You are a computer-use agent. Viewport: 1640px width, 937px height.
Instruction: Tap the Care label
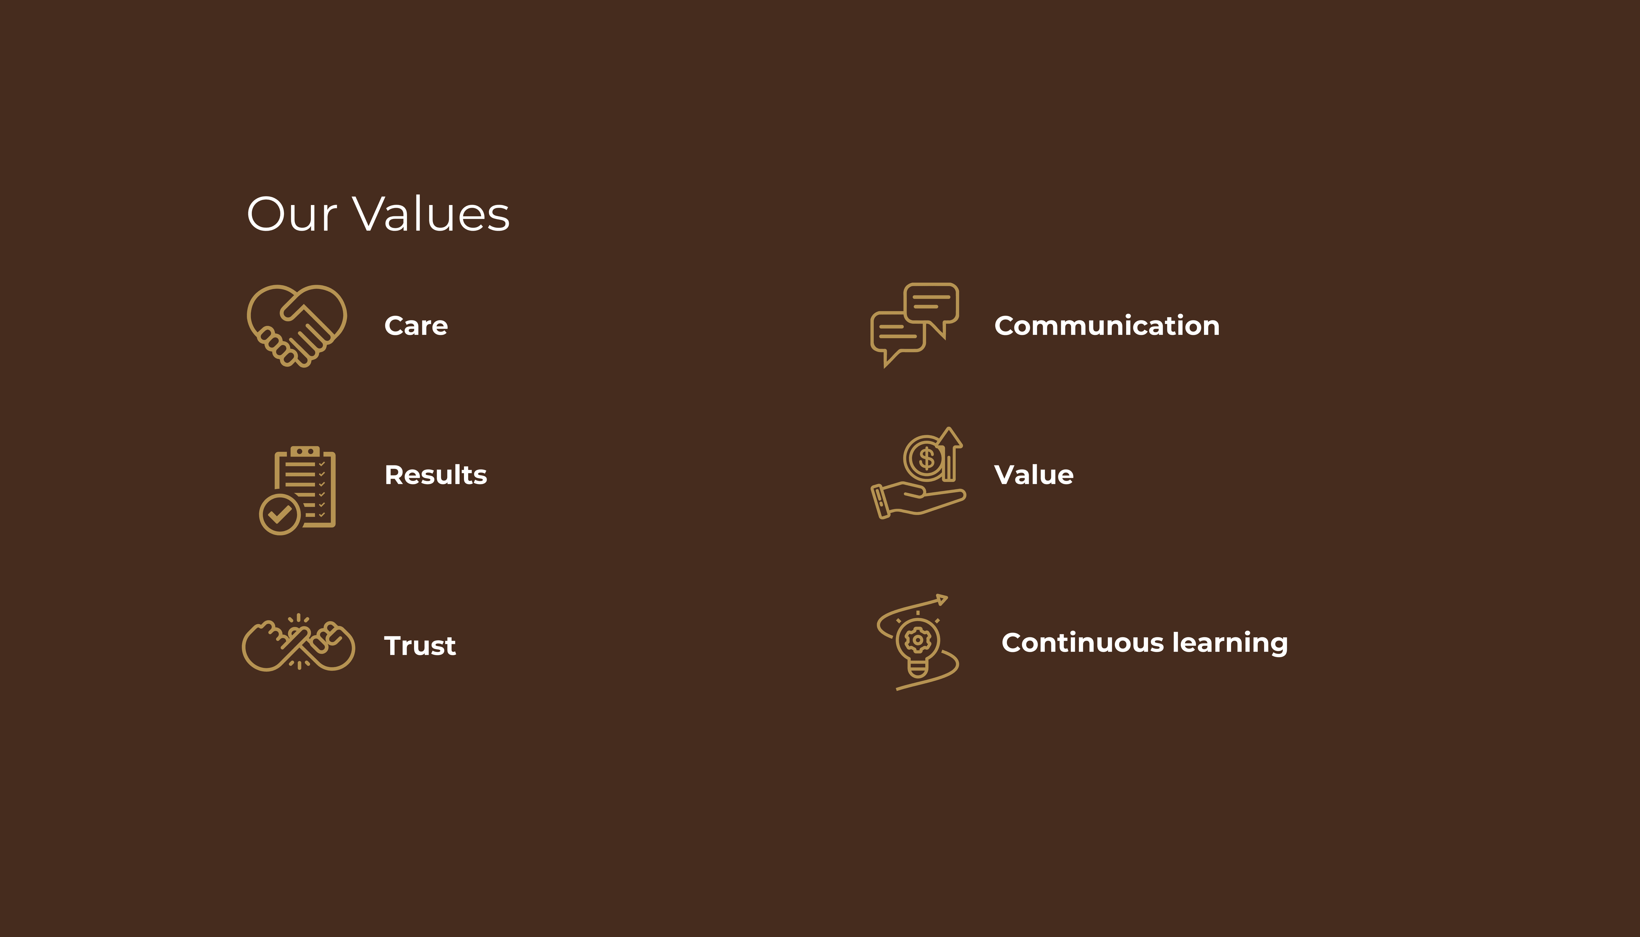pos(415,326)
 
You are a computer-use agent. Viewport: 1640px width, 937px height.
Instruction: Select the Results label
pos(436,475)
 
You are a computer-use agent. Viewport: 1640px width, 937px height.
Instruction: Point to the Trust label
pos(420,646)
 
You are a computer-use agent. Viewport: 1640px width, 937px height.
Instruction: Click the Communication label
pos(1107,326)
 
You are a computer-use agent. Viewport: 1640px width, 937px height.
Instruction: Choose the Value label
pos(1033,475)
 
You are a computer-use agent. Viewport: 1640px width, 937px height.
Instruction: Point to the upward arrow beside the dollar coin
pos(949,454)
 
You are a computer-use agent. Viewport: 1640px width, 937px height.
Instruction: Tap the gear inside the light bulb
pos(917,640)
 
